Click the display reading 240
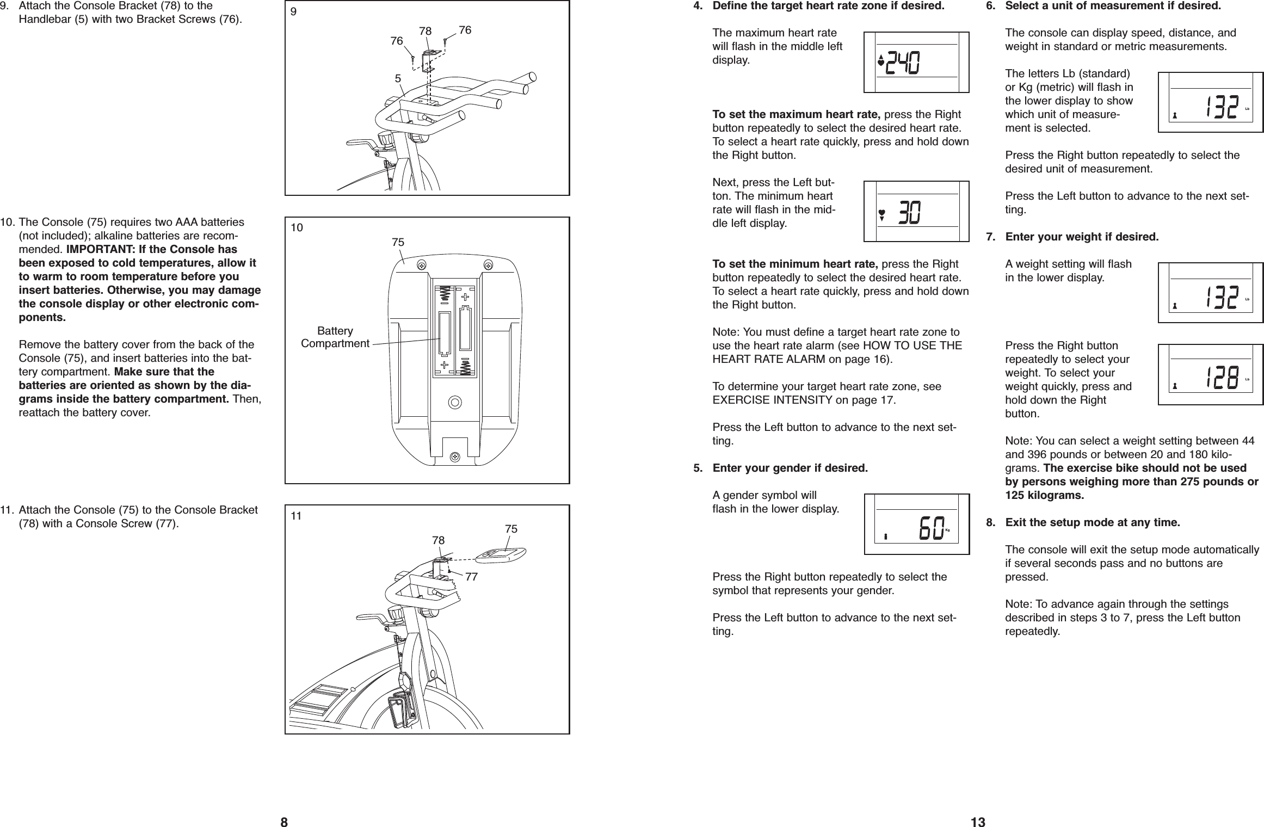click(916, 62)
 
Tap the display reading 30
click(916, 211)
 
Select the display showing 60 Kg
click(916, 524)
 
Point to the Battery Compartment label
click(335, 337)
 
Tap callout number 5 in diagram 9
click(398, 78)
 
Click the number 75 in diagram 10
click(398, 242)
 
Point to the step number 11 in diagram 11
click(295, 516)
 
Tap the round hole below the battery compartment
click(454, 403)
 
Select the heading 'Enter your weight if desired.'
click(1082, 237)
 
